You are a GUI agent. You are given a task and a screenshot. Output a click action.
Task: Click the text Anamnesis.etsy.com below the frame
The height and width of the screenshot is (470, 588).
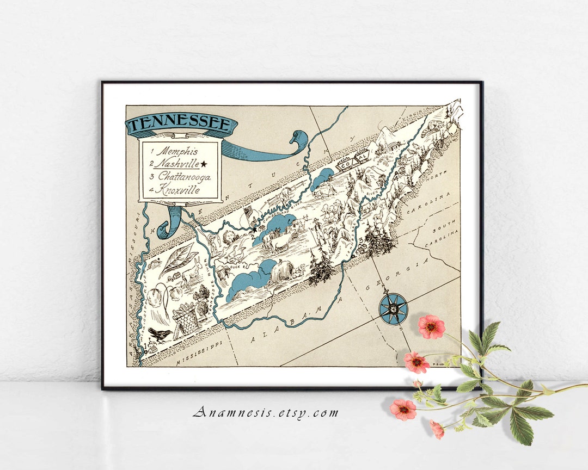tap(266, 413)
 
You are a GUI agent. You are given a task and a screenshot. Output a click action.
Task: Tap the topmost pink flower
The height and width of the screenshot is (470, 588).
tap(431, 326)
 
